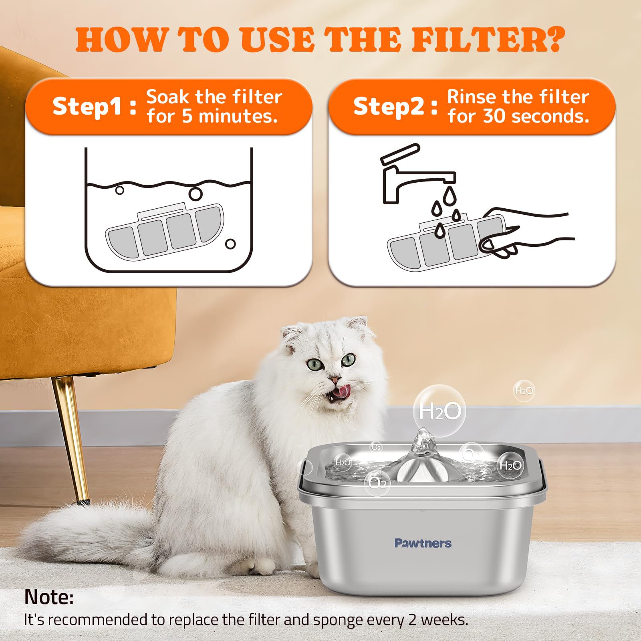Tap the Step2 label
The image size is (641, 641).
click(388, 107)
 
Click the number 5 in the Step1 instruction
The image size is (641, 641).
click(187, 116)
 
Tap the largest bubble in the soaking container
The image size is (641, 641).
click(196, 194)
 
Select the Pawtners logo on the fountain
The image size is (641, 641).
click(423, 543)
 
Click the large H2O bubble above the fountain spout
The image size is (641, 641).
click(439, 411)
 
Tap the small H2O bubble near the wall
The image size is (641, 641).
click(524, 391)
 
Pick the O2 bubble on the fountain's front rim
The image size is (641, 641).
click(377, 483)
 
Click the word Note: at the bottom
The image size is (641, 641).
click(49, 597)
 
